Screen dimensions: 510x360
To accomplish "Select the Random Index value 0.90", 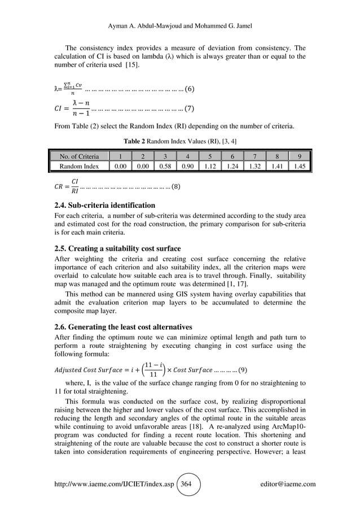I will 187,167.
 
